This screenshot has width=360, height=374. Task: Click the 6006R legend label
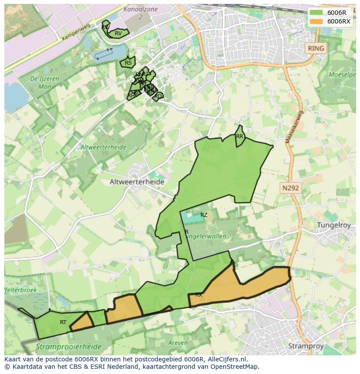coord(337,13)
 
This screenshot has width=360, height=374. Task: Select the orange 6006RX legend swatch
coord(317,21)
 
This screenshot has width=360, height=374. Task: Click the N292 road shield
coord(290,188)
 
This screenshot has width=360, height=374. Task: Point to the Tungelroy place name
coord(336,225)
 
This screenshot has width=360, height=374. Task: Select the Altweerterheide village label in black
coord(137,182)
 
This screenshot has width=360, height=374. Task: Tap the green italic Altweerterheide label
coord(103,147)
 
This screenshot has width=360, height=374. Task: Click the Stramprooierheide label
coord(69,347)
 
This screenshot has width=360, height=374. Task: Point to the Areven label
coord(177,343)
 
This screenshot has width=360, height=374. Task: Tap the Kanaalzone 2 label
coord(140,13)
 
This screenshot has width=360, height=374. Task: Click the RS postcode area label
coord(128,63)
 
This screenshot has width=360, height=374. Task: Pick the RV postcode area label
coord(118,33)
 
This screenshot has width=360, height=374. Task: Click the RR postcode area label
coord(240,136)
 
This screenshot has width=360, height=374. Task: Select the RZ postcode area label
coord(204,215)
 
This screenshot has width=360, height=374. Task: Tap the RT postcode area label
coord(63,322)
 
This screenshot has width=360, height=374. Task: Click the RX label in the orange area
coord(199,295)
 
